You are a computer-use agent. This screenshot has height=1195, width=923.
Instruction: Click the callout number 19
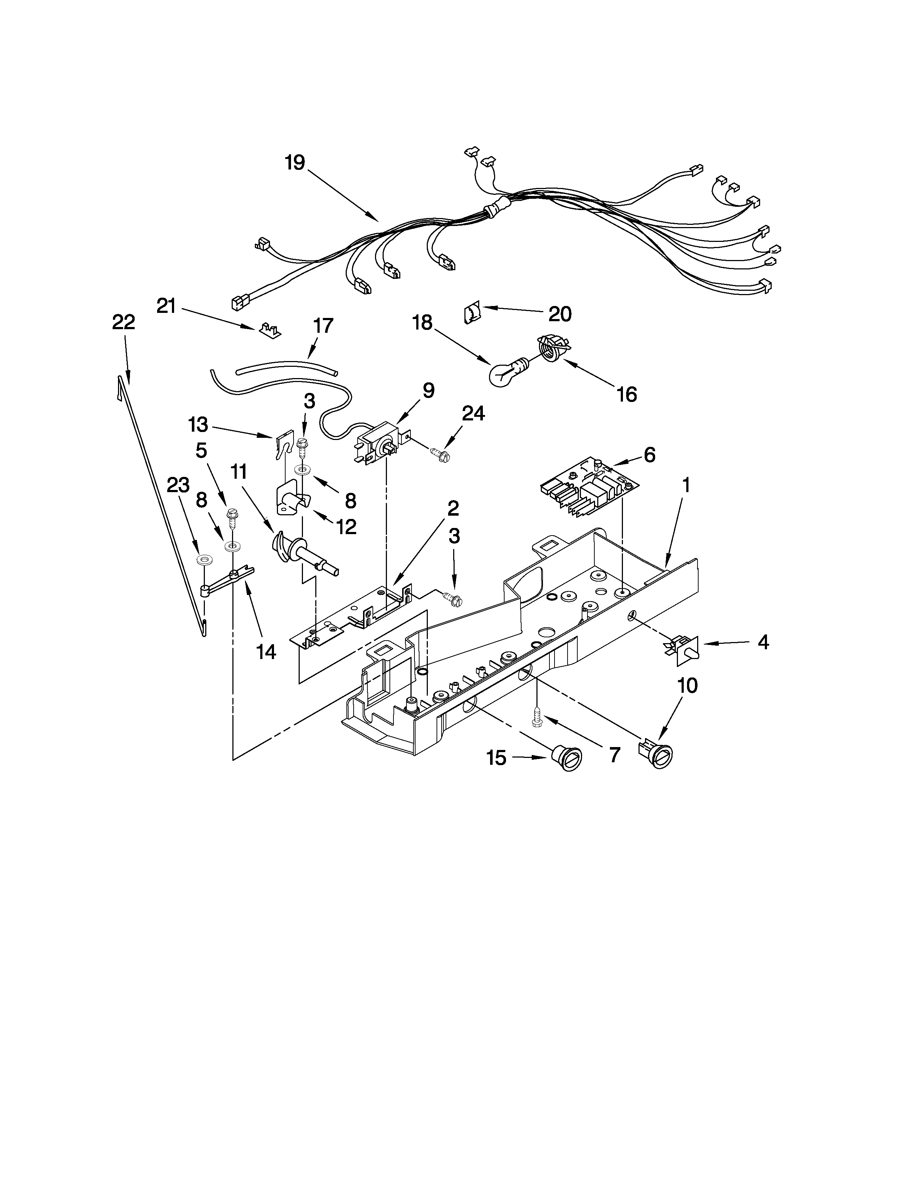pos(295,163)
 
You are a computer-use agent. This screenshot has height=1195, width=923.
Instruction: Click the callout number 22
pos(123,322)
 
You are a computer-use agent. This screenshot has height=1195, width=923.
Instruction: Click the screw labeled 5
pos(232,518)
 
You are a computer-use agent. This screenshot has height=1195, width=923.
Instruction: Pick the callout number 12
pos(346,527)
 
